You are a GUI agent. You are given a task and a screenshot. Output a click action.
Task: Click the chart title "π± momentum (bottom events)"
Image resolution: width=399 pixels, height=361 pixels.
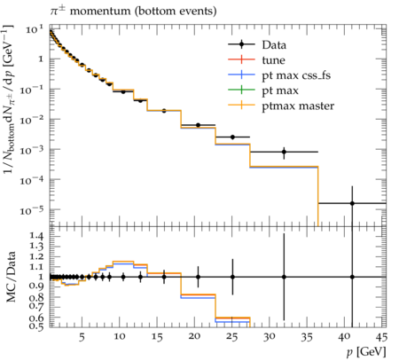133,12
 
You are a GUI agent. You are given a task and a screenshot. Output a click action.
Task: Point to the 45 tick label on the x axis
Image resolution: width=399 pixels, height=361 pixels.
381,336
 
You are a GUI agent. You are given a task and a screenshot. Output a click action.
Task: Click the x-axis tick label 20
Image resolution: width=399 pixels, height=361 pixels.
194,336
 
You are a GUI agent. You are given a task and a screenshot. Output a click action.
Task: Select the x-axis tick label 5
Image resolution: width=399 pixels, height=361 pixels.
82,336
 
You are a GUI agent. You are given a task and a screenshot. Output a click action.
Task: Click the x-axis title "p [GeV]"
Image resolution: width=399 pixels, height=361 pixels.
366,352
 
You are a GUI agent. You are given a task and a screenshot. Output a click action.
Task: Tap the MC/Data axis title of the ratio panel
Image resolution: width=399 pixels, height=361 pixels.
12,277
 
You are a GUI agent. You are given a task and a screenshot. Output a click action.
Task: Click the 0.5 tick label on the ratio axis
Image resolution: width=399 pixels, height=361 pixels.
36,326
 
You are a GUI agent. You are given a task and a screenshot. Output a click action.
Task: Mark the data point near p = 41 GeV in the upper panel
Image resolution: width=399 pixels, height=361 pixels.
352,203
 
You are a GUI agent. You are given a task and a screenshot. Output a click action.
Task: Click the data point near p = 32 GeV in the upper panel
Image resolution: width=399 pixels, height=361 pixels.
284,152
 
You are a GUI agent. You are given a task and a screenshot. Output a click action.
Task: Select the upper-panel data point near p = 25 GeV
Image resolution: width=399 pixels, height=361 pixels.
232,137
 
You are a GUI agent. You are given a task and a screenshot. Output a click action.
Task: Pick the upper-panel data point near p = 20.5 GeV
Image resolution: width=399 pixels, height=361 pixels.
198,125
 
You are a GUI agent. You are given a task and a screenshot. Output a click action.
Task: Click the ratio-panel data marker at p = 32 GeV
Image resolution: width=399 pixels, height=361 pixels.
284,277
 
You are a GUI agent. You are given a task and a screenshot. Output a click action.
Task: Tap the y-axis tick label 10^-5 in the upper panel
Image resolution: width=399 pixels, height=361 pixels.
32,210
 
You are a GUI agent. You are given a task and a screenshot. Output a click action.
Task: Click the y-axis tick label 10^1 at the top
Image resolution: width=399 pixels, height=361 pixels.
35,29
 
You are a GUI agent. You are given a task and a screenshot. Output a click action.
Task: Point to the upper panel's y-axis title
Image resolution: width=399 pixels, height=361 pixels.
9,99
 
